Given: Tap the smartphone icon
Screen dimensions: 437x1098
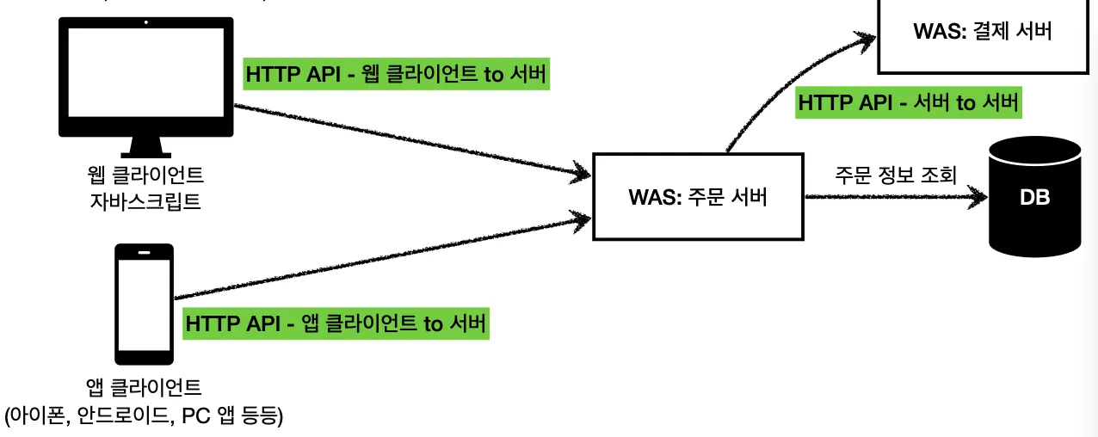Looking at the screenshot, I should point(145,304).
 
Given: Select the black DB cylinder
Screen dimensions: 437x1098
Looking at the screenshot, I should point(1034,196).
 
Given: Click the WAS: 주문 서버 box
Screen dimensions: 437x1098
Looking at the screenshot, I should point(697,197).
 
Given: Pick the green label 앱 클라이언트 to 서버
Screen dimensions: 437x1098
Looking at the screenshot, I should point(336,324).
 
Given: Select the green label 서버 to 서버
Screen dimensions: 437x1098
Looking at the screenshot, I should point(909,102).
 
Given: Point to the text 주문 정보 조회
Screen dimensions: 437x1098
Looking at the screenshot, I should point(895,175).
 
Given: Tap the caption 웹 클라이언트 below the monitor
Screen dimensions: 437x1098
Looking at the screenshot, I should point(145,177).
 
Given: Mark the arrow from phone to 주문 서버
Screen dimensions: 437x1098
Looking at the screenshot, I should point(379,258).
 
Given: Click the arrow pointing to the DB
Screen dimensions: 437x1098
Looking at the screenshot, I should point(895,197).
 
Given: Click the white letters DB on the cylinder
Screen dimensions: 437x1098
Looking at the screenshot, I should point(1034,198).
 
